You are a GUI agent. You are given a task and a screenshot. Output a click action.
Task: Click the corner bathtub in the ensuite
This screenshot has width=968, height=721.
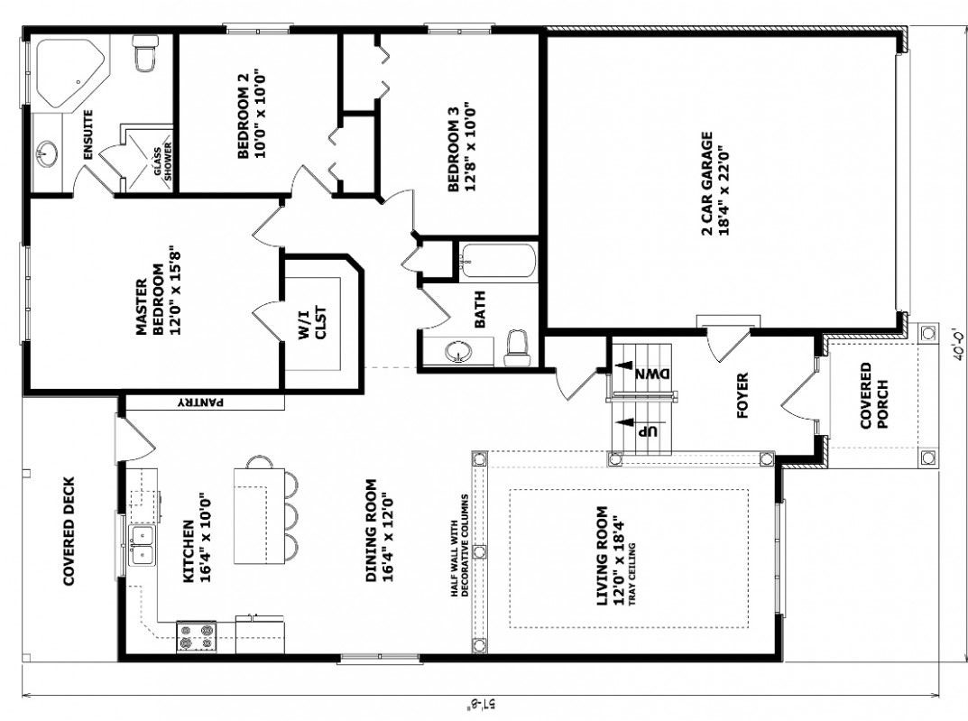(69, 69)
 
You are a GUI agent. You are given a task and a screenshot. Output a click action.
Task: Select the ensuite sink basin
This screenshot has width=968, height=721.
(47, 154)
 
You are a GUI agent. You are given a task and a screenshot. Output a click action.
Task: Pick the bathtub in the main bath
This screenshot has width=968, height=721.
(496, 262)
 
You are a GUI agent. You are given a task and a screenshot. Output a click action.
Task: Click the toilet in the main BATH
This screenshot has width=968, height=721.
(516, 348)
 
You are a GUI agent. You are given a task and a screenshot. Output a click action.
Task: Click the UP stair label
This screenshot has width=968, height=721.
(647, 430)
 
